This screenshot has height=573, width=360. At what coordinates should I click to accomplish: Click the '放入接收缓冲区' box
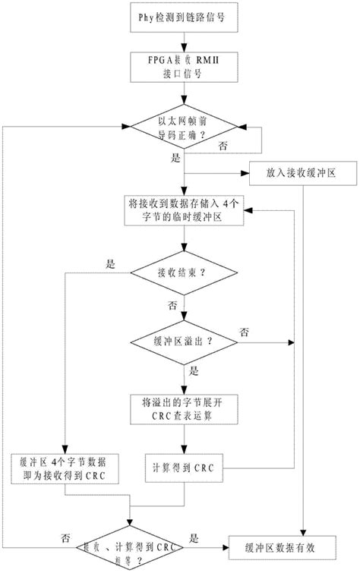(x=302, y=173)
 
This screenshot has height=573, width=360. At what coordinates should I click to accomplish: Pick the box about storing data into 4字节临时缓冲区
(x=183, y=210)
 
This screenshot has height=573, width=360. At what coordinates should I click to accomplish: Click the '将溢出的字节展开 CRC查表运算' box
(x=183, y=406)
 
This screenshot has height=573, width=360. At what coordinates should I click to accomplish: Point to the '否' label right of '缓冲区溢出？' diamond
(x=245, y=332)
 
